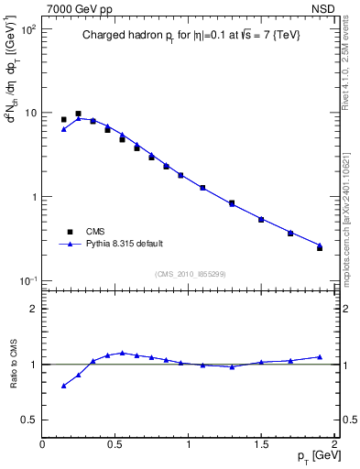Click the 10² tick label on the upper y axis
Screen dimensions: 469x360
tap(29, 29)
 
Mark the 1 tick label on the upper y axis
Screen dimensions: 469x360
tap(34, 197)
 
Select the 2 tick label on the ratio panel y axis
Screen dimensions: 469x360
tap(34, 309)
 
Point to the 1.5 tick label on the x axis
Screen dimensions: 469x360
tap(261, 443)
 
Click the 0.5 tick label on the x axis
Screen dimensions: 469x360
tap(115, 443)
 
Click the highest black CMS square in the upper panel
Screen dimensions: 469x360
tap(78, 114)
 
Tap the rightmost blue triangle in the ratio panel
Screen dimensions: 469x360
tap(320, 356)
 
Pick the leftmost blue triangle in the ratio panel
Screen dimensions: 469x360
tap(63, 386)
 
